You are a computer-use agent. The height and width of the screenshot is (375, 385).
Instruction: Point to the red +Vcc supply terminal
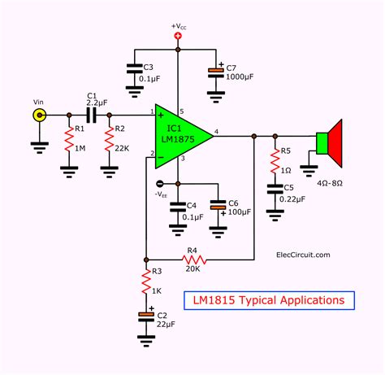click(x=178, y=35)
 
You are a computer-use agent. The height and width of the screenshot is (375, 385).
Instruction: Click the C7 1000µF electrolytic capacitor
click(x=215, y=72)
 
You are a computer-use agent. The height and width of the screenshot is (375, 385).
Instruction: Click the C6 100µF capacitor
click(x=216, y=207)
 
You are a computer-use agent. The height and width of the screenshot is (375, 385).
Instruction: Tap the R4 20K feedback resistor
click(x=192, y=261)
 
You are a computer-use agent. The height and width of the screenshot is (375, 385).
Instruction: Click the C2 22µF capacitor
click(x=145, y=316)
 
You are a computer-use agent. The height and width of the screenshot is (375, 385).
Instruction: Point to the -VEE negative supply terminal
click(x=160, y=183)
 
